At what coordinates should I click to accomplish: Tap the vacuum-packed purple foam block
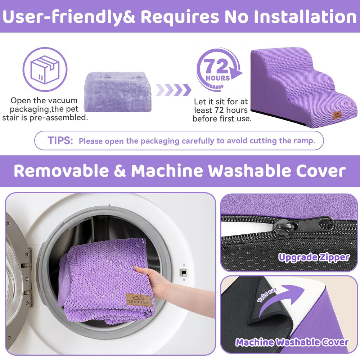[x=117, y=91]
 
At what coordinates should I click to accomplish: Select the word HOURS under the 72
[x=217, y=78]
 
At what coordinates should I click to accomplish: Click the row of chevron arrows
[x=174, y=90]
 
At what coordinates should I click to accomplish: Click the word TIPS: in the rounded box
[x=60, y=141]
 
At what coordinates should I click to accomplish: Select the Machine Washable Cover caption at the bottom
[x=292, y=342]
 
